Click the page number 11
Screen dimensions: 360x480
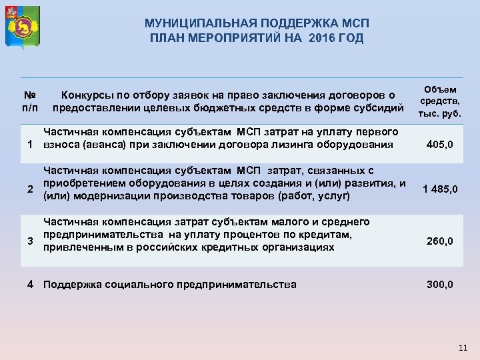(x=464, y=348)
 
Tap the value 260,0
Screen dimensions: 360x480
(x=440, y=241)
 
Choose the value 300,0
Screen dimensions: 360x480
(x=440, y=285)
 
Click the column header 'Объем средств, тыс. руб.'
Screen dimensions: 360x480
(x=440, y=101)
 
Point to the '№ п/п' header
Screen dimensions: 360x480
(x=30, y=101)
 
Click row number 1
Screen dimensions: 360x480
(x=30, y=145)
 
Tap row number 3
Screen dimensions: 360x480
(x=30, y=241)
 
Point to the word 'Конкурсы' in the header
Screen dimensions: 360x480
(x=85, y=95)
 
